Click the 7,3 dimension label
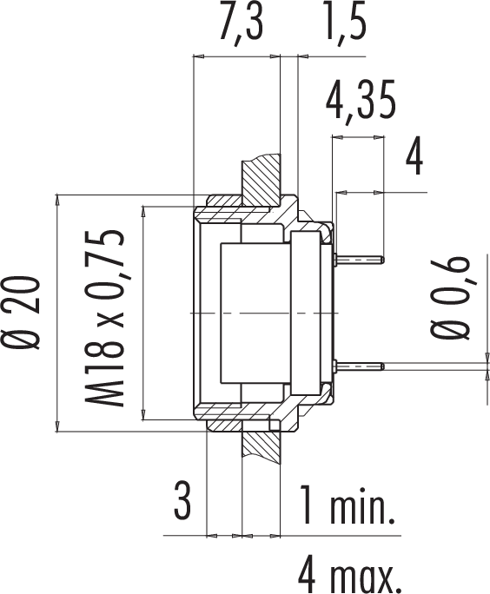(x=241, y=24)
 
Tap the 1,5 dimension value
(x=345, y=24)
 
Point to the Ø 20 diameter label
(x=22, y=313)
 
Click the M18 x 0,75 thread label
(x=103, y=318)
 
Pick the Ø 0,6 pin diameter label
(x=450, y=298)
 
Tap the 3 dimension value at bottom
(x=182, y=502)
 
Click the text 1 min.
(x=348, y=504)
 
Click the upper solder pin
(x=360, y=260)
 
